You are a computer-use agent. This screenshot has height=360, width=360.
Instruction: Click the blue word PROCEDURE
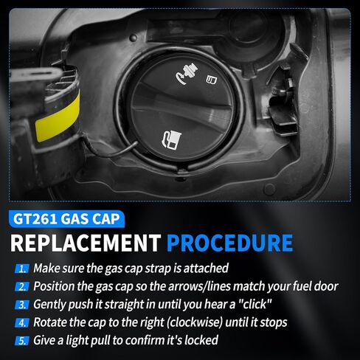click(229, 243)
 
